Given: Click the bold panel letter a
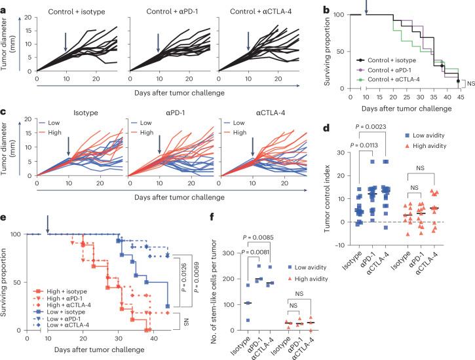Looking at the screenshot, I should coord(5,5).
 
